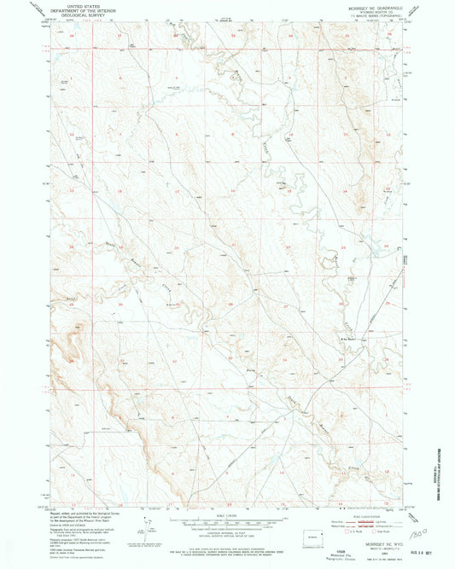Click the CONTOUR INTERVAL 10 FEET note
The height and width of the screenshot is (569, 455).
(228, 532)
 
